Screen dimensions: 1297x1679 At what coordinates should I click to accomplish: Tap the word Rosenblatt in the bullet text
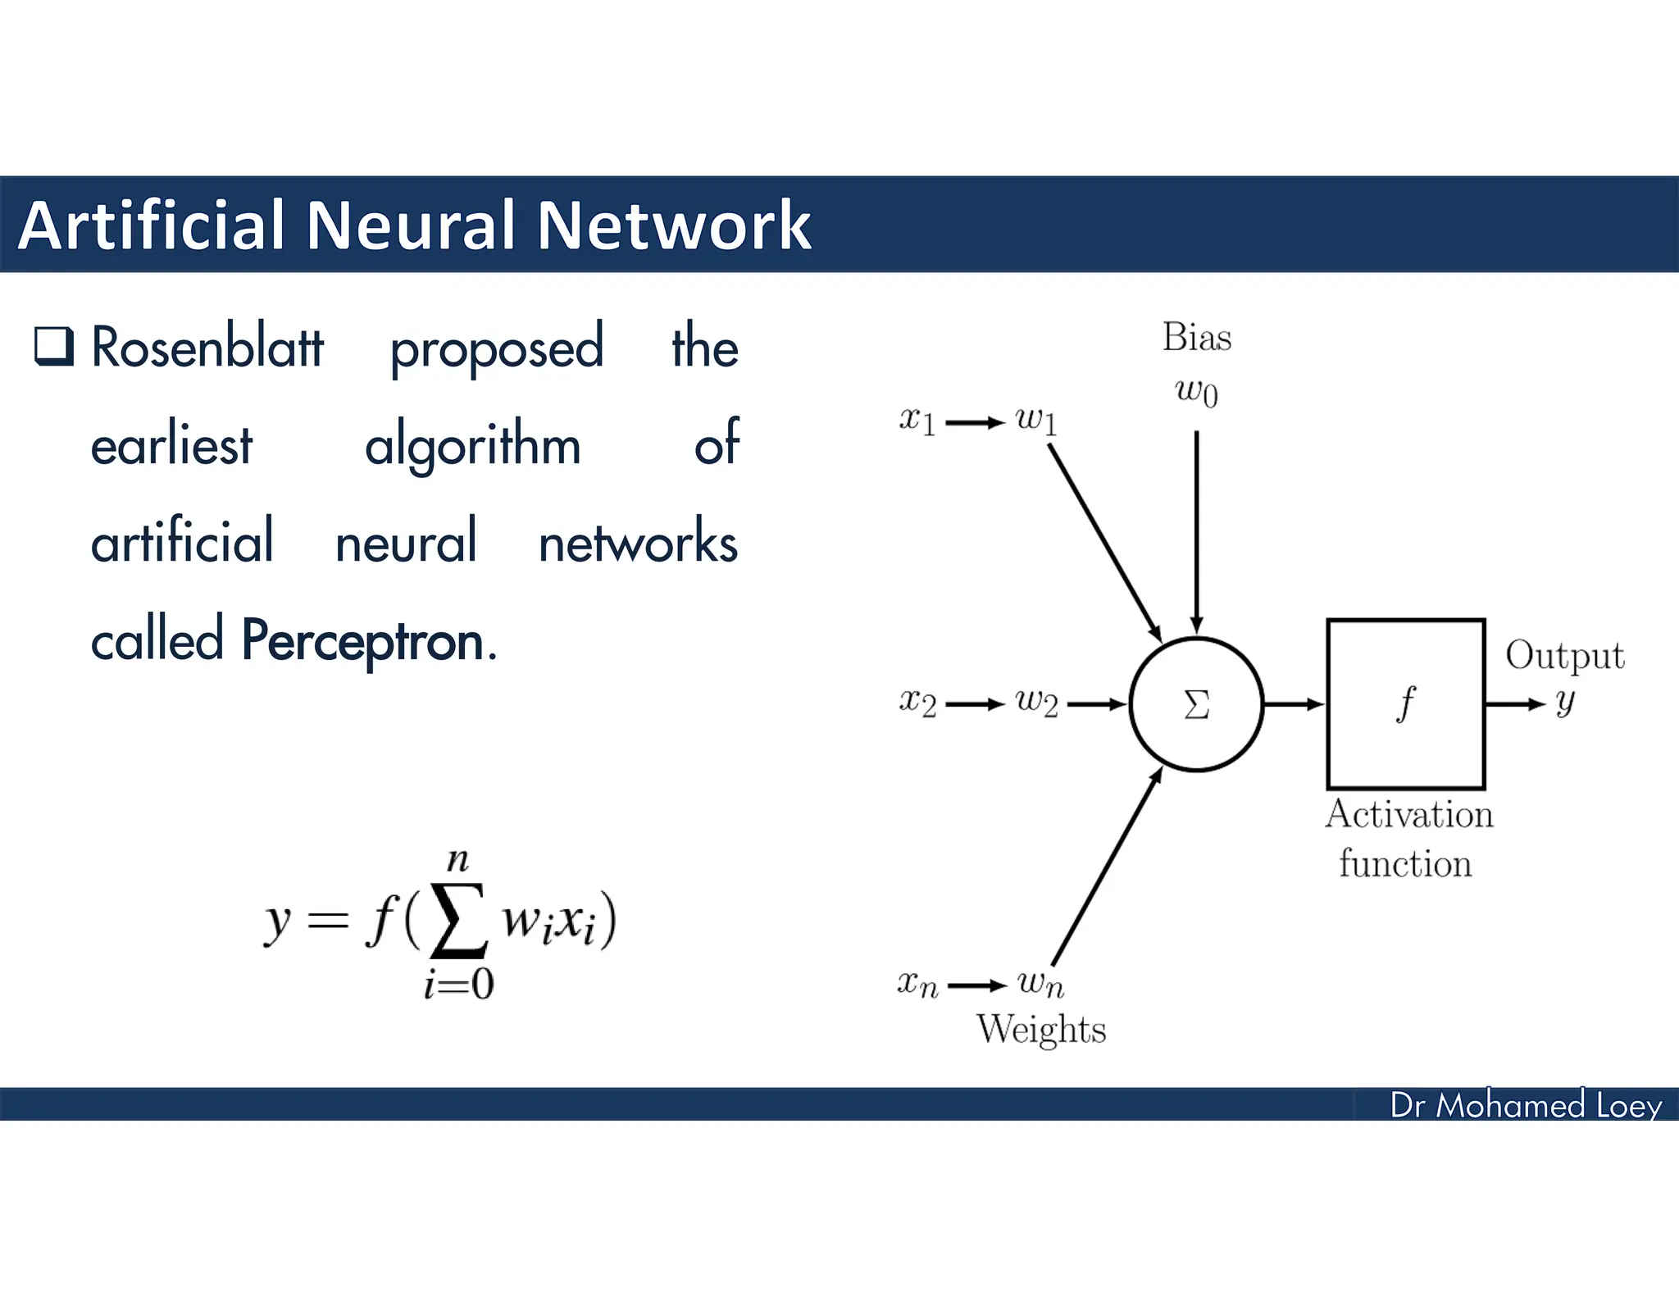point(207,348)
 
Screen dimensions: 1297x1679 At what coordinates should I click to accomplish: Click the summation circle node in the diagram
point(1196,704)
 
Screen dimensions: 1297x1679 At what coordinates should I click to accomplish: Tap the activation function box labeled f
point(1405,704)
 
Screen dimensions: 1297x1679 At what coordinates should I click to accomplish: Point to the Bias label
point(1196,338)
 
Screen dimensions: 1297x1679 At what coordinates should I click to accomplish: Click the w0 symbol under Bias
point(1196,392)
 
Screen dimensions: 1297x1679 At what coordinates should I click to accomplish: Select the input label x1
point(917,421)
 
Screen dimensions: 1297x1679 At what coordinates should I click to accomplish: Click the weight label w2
point(1036,703)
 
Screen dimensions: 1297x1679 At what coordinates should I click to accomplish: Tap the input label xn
point(917,984)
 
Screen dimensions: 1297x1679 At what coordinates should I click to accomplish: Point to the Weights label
point(1040,1030)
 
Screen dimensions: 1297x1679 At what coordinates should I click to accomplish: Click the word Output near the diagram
point(1564,656)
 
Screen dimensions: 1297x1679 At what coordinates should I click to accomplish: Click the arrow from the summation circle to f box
point(1294,704)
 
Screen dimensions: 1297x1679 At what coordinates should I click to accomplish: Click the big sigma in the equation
point(459,920)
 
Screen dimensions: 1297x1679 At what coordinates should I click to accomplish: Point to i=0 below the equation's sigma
point(458,984)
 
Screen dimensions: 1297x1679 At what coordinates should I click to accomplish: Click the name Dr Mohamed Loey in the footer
point(1525,1105)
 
